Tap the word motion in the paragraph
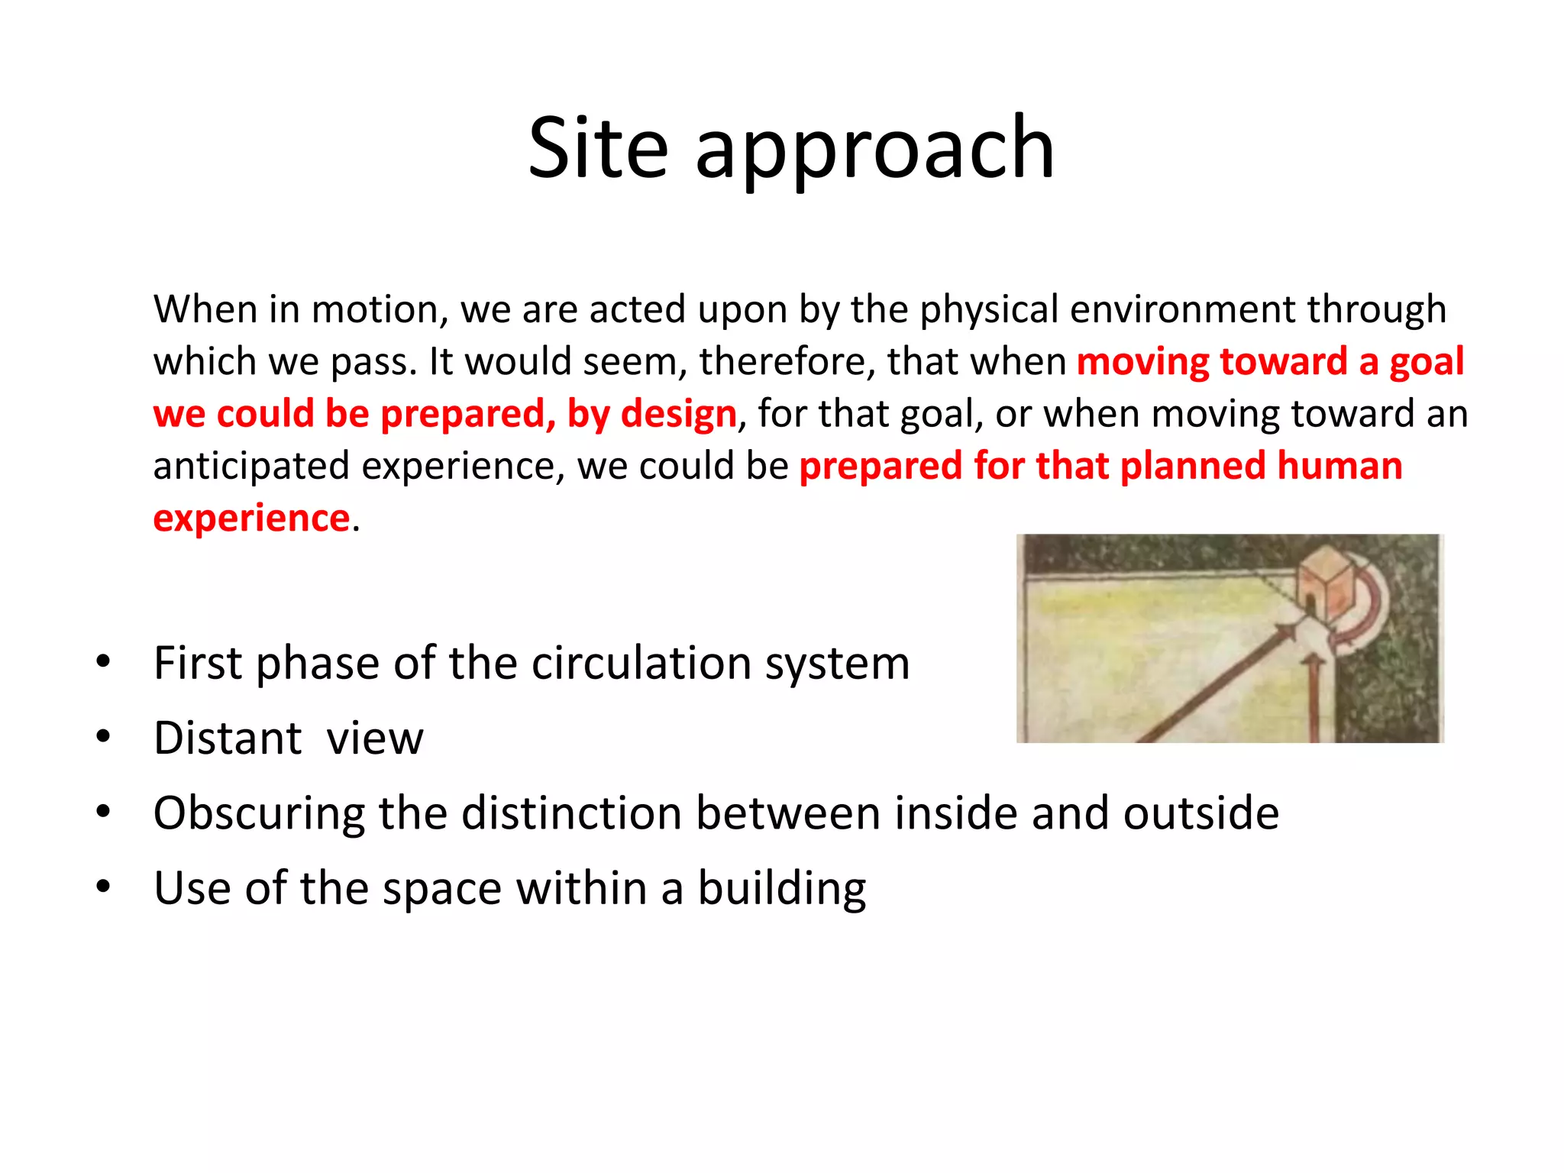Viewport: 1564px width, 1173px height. click(x=374, y=310)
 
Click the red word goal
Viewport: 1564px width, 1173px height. click(x=1426, y=363)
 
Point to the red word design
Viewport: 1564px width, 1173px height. click(x=678, y=415)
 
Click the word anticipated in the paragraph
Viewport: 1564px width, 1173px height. click(x=250, y=467)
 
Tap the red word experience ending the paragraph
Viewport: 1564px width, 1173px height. click(x=251, y=519)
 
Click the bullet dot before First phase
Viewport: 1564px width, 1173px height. click(x=103, y=661)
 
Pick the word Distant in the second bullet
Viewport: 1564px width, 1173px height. click(x=228, y=738)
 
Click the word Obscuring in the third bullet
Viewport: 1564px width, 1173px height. click(x=259, y=813)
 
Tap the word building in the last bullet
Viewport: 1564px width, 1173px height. click(x=781, y=889)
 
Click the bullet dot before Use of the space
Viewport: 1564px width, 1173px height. click(x=103, y=887)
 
